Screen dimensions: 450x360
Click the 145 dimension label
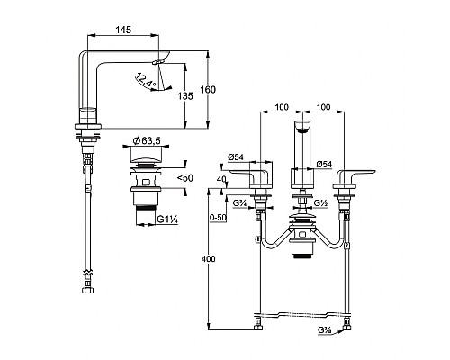pos(123,30)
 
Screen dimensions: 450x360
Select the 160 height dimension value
pos(208,90)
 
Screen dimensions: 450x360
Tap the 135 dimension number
pos(185,96)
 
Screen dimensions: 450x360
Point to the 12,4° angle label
pos(146,80)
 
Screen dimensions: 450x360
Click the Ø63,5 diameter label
pos(147,140)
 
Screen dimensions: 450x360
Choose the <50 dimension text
pos(185,178)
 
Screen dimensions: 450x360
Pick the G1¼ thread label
pos(167,220)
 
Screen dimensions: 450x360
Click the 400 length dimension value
pos(209,258)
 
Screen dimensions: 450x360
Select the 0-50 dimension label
pos(218,218)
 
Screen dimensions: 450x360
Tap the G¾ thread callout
pos(239,203)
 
